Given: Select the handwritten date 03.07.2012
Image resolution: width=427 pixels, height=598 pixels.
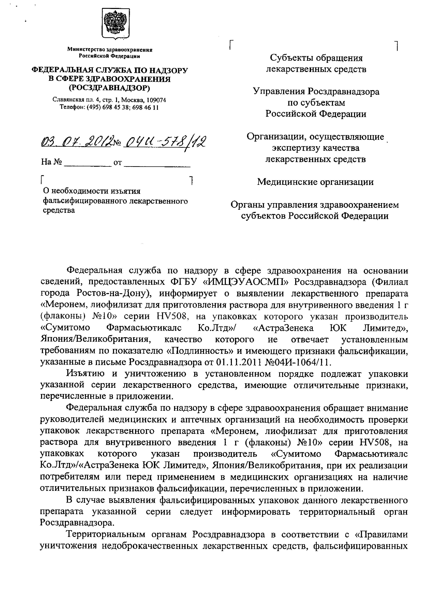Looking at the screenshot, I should tap(75, 143).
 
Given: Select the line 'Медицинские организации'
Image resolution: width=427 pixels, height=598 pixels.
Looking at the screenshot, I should tap(315, 182).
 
